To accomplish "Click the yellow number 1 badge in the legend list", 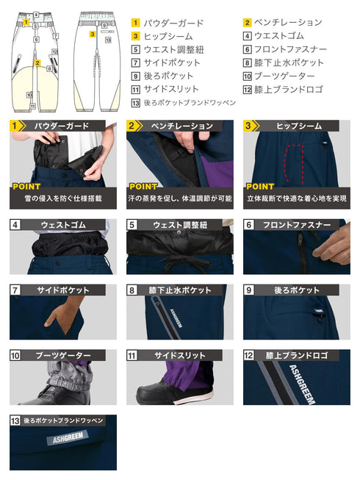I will (137, 23).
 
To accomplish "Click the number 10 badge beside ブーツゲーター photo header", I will (15, 356).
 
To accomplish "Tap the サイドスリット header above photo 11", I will (179, 356).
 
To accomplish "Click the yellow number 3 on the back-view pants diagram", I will (93, 34).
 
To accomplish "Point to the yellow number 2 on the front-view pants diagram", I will (37, 63).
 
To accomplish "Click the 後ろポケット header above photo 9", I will (297, 290).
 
